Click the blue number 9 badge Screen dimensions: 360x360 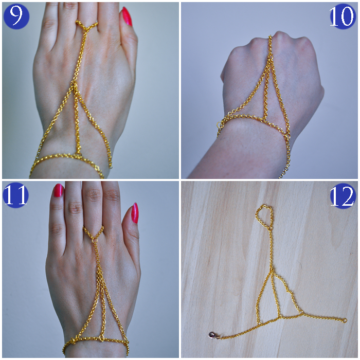[16, 16]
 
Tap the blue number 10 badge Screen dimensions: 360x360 [341, 16]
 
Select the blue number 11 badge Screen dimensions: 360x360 [15, 195]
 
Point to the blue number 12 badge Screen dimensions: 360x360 [342, 196]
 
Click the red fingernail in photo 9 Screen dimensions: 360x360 [127, 16]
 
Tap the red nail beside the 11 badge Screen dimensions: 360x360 [58, 190]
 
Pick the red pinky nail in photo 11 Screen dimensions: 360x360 [135, 213]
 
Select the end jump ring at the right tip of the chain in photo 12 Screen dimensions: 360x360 [345, 320]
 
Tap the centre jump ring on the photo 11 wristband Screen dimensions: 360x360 [101, 337]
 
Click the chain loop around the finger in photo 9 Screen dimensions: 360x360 [87, 25]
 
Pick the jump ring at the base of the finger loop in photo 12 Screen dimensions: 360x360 [271, 229]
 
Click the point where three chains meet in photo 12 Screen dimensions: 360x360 [272, 272]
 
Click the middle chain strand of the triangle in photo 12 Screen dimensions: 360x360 [276, 294]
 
